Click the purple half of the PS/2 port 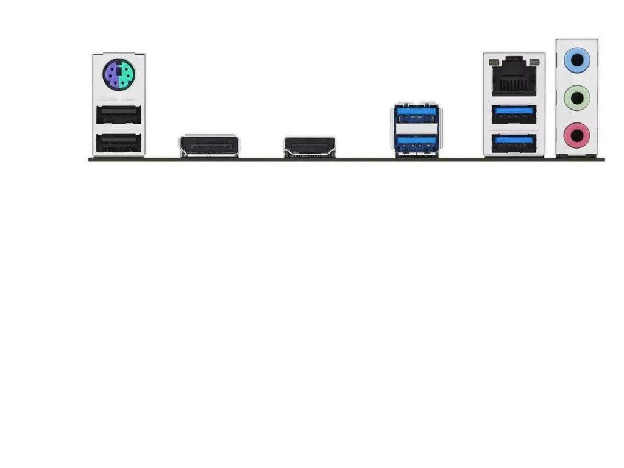click(x=112, y=75)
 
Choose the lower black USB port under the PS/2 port click(x=119, y=143)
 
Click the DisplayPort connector click(x=208, y=146)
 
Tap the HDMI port click(x=310, y=146)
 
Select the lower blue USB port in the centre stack click(x=416, y=142)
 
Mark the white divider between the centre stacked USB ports click(x=416, y=128)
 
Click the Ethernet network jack click(x=514, y=77)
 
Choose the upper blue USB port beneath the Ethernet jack click(x=514, y=114)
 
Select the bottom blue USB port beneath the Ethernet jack click(x=514, y=144)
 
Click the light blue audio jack click(x=576, y=60)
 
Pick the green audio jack click(x=576, y=96)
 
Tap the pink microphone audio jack click(x=576, y=132)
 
